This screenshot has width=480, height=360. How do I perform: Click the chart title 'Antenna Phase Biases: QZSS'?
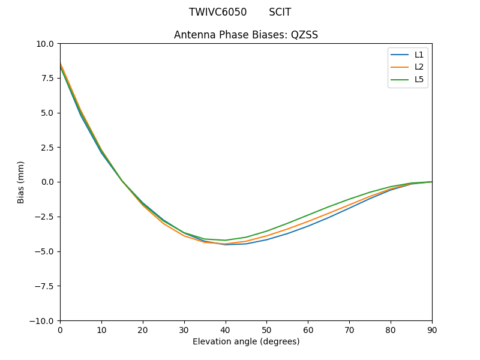pyautogui.click(x=246, y=35)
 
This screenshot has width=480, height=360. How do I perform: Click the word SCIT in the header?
pyautogui.click(x=280, y=12)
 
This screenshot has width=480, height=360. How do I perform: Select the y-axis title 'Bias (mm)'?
pyautogui.click(x=21, y=182)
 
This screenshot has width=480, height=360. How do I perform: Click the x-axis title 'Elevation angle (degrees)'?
pyautogui.click(x=246, y=341)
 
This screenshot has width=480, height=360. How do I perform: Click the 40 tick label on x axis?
pyautogui.click(x=226, y=329)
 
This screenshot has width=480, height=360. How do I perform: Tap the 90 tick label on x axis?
pyautogui.click(x=432, y=329)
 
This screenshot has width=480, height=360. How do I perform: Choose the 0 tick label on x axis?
pyautogui.click(x=60, y=329)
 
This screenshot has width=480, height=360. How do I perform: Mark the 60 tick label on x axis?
pyautogui.click(x=308, y=329)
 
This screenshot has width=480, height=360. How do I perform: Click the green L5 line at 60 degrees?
pyautogui.click(x=308, y=215)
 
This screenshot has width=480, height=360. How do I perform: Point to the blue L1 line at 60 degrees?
pyautogui.click(x=308, y=226)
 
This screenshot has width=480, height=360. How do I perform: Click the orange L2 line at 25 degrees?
pyautogui.click(x=163, y=224)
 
